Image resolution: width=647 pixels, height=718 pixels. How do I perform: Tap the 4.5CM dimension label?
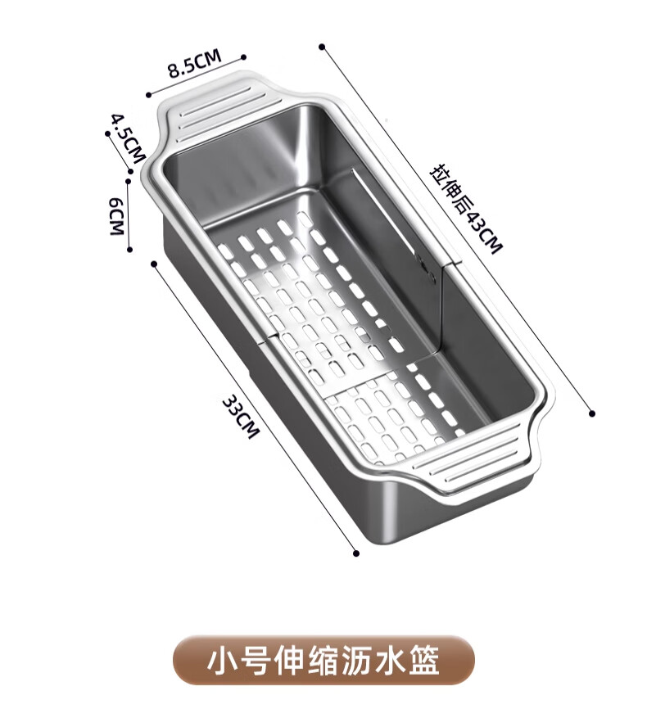click(128, 137)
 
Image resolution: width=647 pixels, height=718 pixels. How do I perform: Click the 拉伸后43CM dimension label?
click(465, 210)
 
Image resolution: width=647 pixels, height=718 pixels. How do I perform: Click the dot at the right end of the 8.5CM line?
click(243, 57)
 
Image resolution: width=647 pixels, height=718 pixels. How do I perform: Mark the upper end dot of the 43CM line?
click(323, 46)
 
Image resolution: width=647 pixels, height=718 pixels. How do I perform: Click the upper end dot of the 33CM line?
click(154, 263)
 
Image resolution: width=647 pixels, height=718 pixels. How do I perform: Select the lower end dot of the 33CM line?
click(355, 553)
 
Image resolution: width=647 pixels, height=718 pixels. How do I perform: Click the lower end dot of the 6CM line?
click(129, 251)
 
